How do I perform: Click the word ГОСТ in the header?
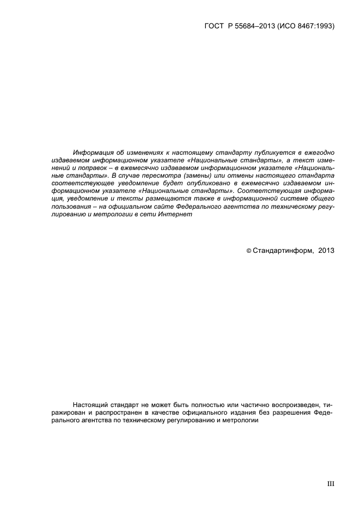(214, 26)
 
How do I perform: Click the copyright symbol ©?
(249, 251)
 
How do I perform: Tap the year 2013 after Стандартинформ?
(326, 251)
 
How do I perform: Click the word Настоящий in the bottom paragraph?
(90, 405)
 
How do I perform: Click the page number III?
(330, 483)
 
